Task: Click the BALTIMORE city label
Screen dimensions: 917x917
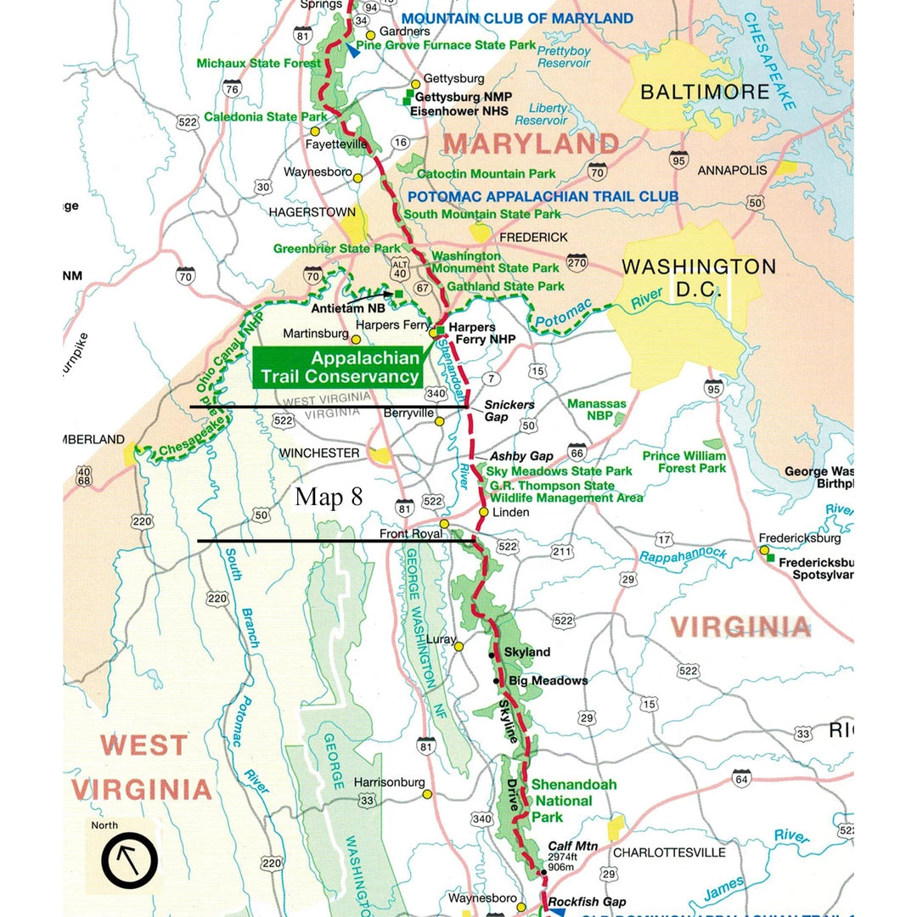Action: pos(704,92)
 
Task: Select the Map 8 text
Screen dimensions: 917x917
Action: pos(329,498)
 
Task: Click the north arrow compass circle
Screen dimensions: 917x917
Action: pos(129,859)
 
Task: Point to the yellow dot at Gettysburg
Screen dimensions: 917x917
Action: pos(416,84)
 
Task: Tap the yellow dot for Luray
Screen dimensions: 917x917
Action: pos(458,647)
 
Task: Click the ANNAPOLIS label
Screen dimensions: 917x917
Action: pos(732,171)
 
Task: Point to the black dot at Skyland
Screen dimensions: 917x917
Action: pos(492,655)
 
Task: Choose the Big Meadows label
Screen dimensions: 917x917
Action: pos(548,681)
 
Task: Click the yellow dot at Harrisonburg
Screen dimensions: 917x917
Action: pos(427,795)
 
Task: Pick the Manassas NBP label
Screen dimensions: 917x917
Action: pos(596,410)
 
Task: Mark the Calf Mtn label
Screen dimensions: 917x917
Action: pos(573,847)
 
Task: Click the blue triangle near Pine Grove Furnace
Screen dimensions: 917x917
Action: pos(352,50)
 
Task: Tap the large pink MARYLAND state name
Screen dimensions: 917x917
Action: pos(531,143)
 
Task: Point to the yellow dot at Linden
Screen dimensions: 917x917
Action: pos(484,512)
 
